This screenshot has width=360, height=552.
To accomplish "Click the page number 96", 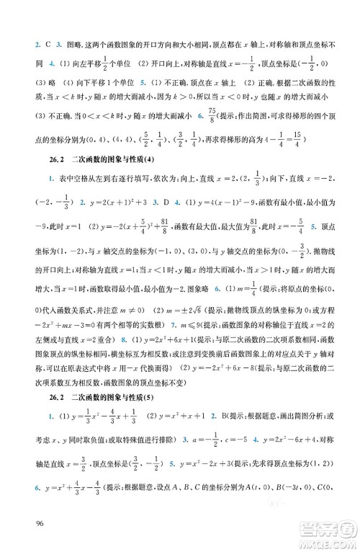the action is [x=27, y=524].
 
